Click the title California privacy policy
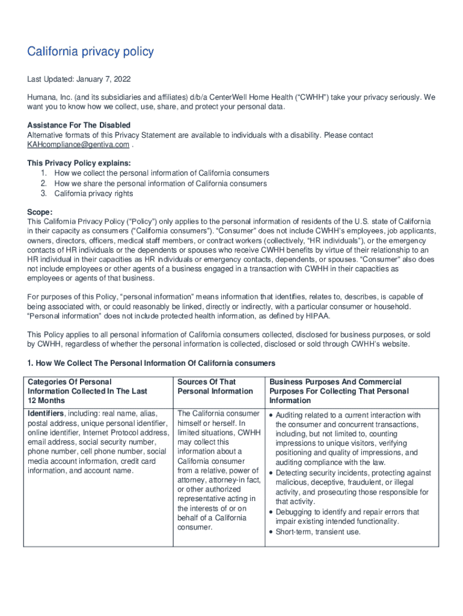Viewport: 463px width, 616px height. [x=90, y=52]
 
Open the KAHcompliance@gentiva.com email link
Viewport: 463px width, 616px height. [x=78, y=145]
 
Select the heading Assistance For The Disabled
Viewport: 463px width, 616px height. [x=79, y=125]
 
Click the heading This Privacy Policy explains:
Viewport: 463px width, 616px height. [x=79, y=163]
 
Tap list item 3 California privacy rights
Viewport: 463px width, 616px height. [x=93, y=194]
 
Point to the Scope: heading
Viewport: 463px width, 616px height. [x=40, y=212]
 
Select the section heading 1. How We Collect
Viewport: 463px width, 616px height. [x=151, y=363]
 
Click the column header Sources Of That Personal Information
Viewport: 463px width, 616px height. [x=215, y=386]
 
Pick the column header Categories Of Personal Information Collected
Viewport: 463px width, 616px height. [x=87, y=391]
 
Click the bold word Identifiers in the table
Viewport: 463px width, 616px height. [x=46, y=414]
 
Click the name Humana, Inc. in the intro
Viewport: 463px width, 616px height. [x=49, y=97]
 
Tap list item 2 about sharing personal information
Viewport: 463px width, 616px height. [x=161, y=183]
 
